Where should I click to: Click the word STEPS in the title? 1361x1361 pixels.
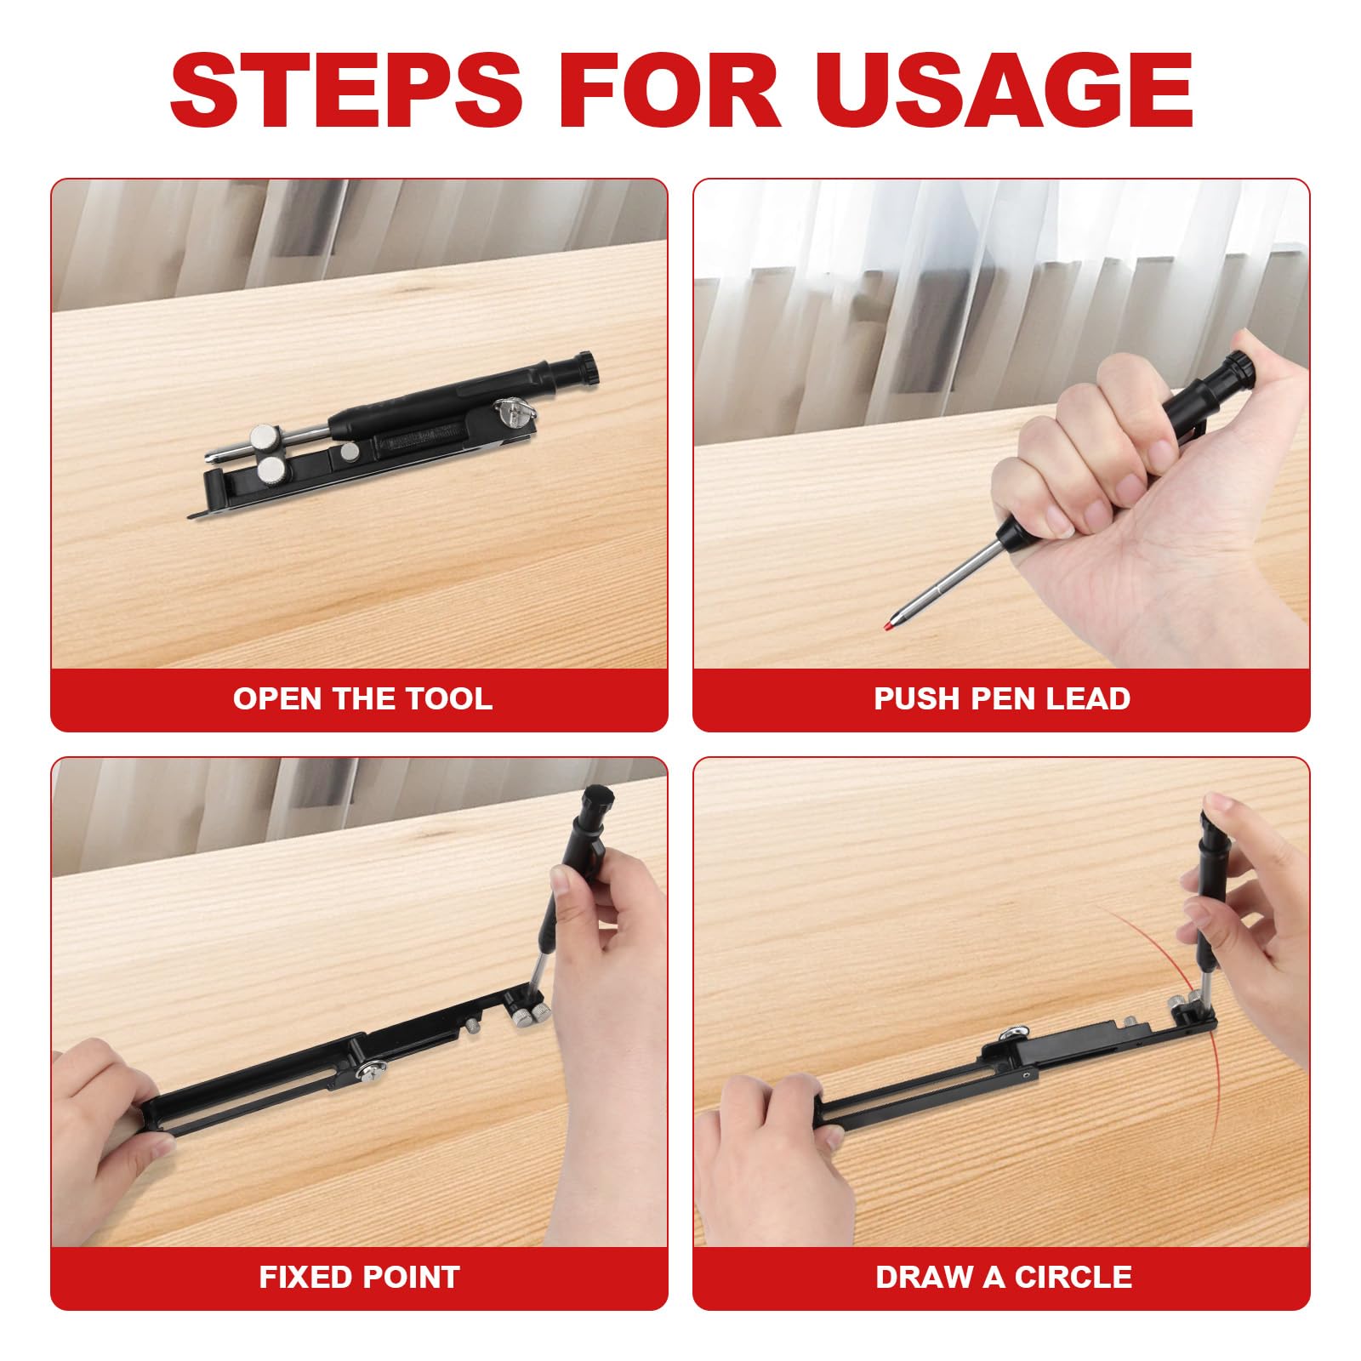(x=346, y=89)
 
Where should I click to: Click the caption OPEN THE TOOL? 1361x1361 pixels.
(x=362, y=698)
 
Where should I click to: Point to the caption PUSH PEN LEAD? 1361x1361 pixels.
(x=1002, y=698)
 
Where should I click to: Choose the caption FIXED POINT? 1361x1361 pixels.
(x=359, y=1277)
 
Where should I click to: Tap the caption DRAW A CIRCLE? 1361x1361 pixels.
(x=1004, y=1277)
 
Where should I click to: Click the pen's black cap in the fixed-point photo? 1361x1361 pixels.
(x=597, y=805)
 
